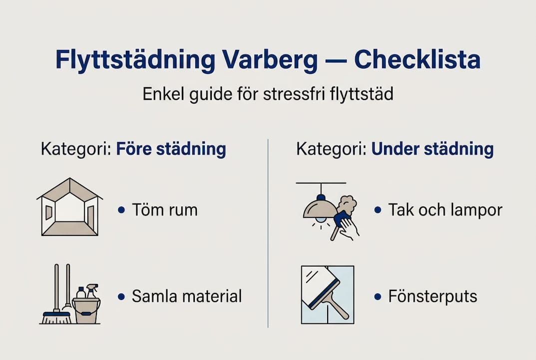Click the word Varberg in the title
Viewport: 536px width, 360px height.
(265, 60)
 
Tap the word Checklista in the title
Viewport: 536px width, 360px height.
(417, 60)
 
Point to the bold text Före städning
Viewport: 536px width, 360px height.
(171, 149)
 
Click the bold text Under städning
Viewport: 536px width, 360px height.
(433, 149)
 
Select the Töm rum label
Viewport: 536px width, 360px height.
(164, 210)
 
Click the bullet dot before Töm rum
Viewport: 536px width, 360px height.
(121, 210)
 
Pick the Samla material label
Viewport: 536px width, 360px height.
(186, 296)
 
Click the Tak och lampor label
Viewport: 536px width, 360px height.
(445, 210)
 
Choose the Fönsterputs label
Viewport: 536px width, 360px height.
(433, 296)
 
